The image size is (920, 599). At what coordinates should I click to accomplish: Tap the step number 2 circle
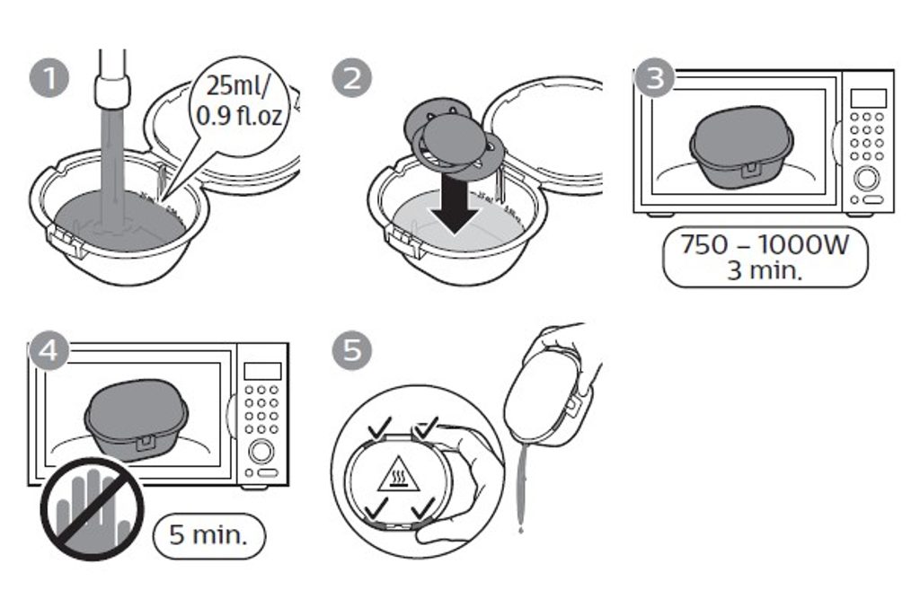(352, 79)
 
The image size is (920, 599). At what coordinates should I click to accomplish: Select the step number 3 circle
(654, 79)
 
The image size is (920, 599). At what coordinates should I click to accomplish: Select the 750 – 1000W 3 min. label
(765, 257)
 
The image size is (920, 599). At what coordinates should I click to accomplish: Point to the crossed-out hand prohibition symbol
(93, 509)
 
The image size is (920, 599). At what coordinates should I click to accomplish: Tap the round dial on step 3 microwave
(865, 177)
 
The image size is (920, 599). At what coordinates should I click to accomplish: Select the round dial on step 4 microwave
(261, 451)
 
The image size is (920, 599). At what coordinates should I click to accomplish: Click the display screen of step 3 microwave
(868, 98)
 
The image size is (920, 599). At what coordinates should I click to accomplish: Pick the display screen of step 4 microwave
(262, 370)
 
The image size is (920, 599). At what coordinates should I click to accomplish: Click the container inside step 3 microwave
(741, 147)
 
